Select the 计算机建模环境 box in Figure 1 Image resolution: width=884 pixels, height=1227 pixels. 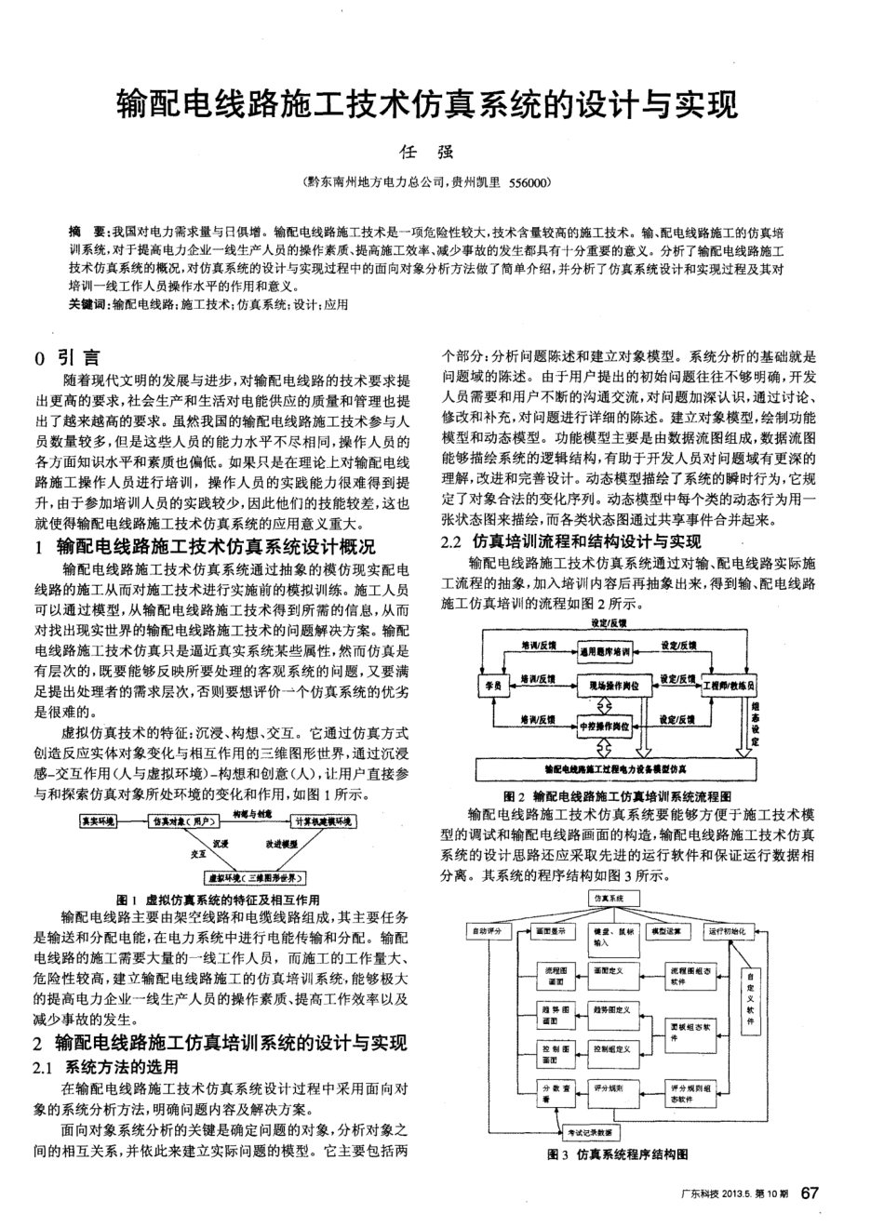tap(322, 821)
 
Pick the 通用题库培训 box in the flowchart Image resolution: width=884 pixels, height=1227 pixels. tap(605, 652)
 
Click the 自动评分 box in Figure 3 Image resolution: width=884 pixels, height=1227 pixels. tap(488, 930)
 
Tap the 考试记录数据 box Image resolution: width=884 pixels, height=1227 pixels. tap(593, 1133)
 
